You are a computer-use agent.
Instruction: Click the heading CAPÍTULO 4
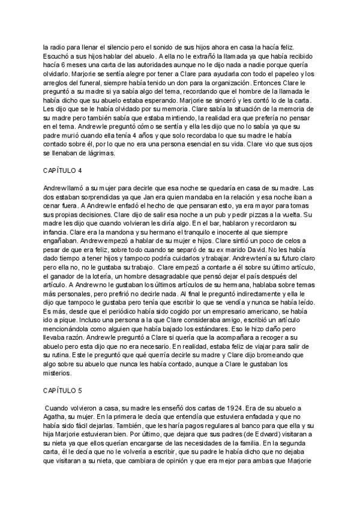tap(62, 171)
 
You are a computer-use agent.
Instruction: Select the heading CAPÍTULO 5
tap(62, 391)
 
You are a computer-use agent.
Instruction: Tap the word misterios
tap(56, 373)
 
